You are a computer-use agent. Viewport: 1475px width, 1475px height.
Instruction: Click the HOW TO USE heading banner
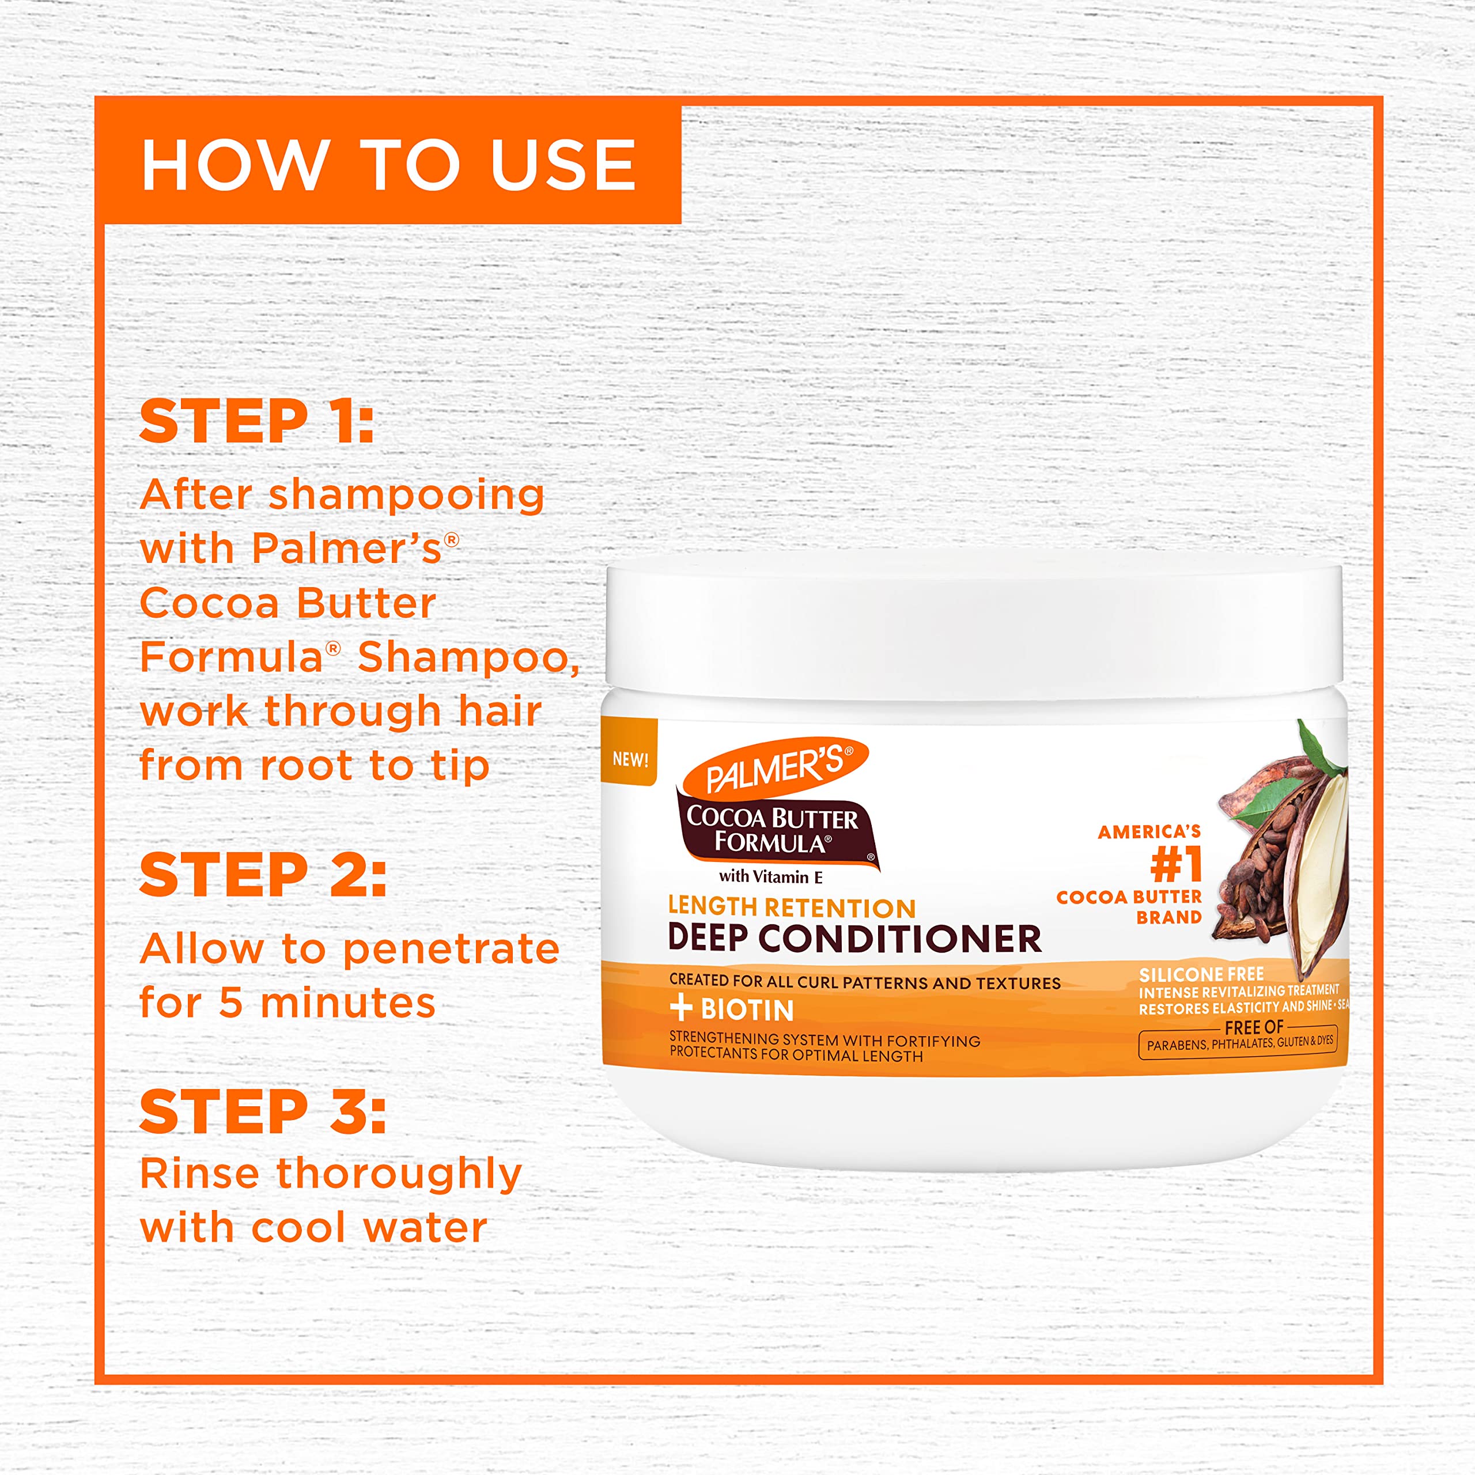tap(388, 164)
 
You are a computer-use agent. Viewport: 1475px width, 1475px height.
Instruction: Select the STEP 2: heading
tap(263, 875)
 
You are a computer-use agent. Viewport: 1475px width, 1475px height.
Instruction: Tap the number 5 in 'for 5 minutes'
tap(230, 1003)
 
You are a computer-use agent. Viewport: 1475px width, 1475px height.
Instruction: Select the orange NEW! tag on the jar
tap(630, 759)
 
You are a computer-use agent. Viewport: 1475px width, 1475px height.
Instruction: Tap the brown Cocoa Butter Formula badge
tap(774, 831)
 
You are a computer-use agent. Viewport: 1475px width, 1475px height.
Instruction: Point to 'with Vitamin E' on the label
tap(770, 877)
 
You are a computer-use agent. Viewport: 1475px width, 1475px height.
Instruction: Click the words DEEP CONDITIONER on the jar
tap(853, 938)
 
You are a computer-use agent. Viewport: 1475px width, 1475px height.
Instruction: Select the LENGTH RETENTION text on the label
tap(791, 907)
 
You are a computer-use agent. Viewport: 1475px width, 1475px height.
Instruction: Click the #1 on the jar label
tap(1176, 864)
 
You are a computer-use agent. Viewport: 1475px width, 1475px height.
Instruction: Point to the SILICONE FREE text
tap(1201, 974)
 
